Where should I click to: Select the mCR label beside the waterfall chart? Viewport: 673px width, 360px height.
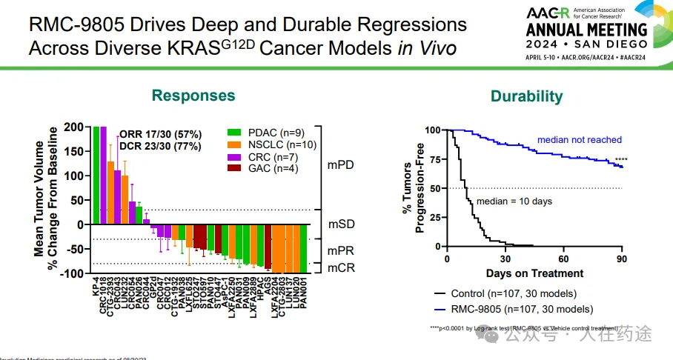pos(340,266)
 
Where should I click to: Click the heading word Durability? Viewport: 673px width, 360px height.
pos(526,96)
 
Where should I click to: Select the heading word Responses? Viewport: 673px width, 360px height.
pos(193,95)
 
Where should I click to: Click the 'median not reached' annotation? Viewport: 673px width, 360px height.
pos(579,140)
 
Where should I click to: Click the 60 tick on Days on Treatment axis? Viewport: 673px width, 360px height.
pos(563,259)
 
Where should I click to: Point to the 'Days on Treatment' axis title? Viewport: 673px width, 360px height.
pos(535,273)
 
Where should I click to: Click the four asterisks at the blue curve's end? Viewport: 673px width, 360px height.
pos(620,160)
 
